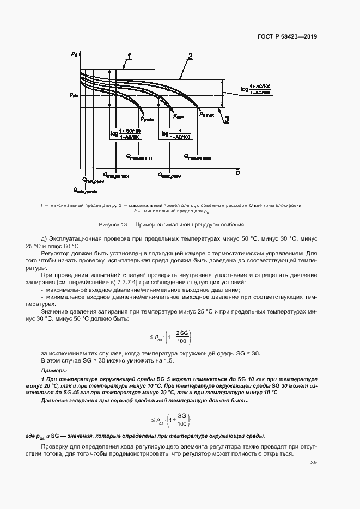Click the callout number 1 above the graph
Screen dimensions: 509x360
click(130, 56)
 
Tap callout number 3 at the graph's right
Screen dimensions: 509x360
click(227, 119)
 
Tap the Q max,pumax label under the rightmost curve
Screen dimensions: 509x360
click(197, 156)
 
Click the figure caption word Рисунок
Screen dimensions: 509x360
click(109, 224)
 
